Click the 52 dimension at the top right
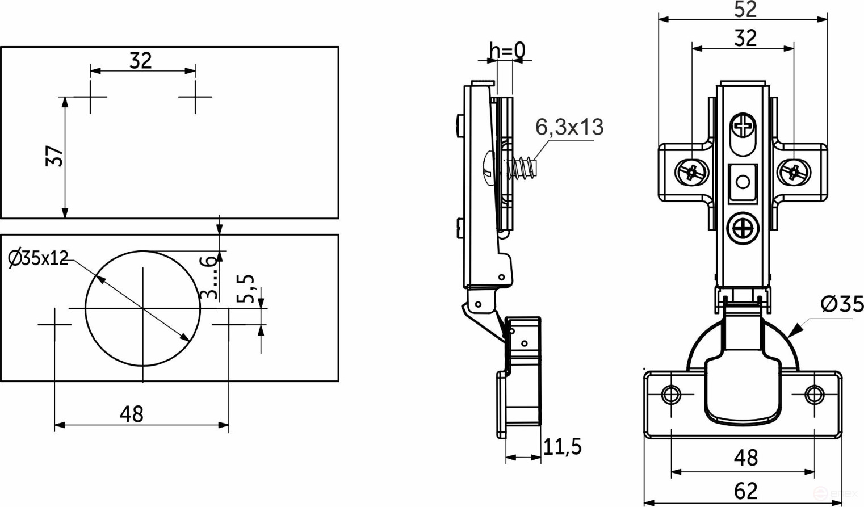click(745, 10)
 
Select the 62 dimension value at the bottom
click(745, 491)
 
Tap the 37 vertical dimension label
click(54, 156)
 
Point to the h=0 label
click(507, 51)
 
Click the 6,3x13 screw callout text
click(569, 127)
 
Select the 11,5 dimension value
click(562, 447)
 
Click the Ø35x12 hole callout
click(38, 258)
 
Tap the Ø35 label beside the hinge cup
click(842, 305)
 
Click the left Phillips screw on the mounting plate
click(691, 171)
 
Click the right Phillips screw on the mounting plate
click(794, 171)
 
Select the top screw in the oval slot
click(743, 125)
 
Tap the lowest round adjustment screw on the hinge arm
click(743, 229)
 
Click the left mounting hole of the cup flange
click(671, 394)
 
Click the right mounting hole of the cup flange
click(814, 394)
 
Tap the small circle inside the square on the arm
click(743, 182)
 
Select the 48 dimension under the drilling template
click(131, 414)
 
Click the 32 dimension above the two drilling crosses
click(141, 60)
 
